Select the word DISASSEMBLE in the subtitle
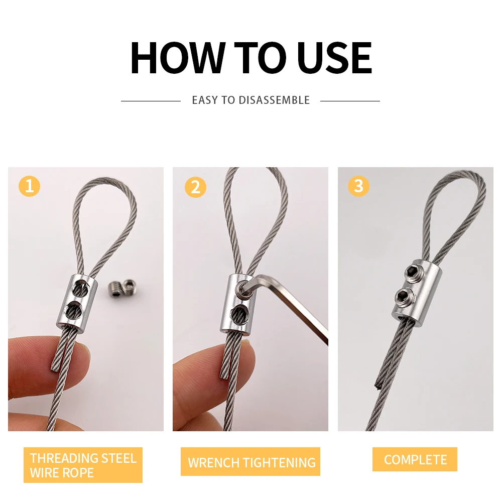(x=274, y=100)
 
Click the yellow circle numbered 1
(x=30, y=186)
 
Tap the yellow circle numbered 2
(x=195, y=187)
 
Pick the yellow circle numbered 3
(x=358, y=186)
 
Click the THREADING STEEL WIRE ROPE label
(x=83, y=465)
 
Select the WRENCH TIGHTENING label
(x=250, y=462)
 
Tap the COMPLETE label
(x=415, y=459)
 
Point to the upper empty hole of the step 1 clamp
(x=80, y=288)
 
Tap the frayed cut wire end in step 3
(x=377, y=385)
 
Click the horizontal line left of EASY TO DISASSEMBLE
(x=151, y=101)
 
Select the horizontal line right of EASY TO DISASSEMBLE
(x=350, y=101)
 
